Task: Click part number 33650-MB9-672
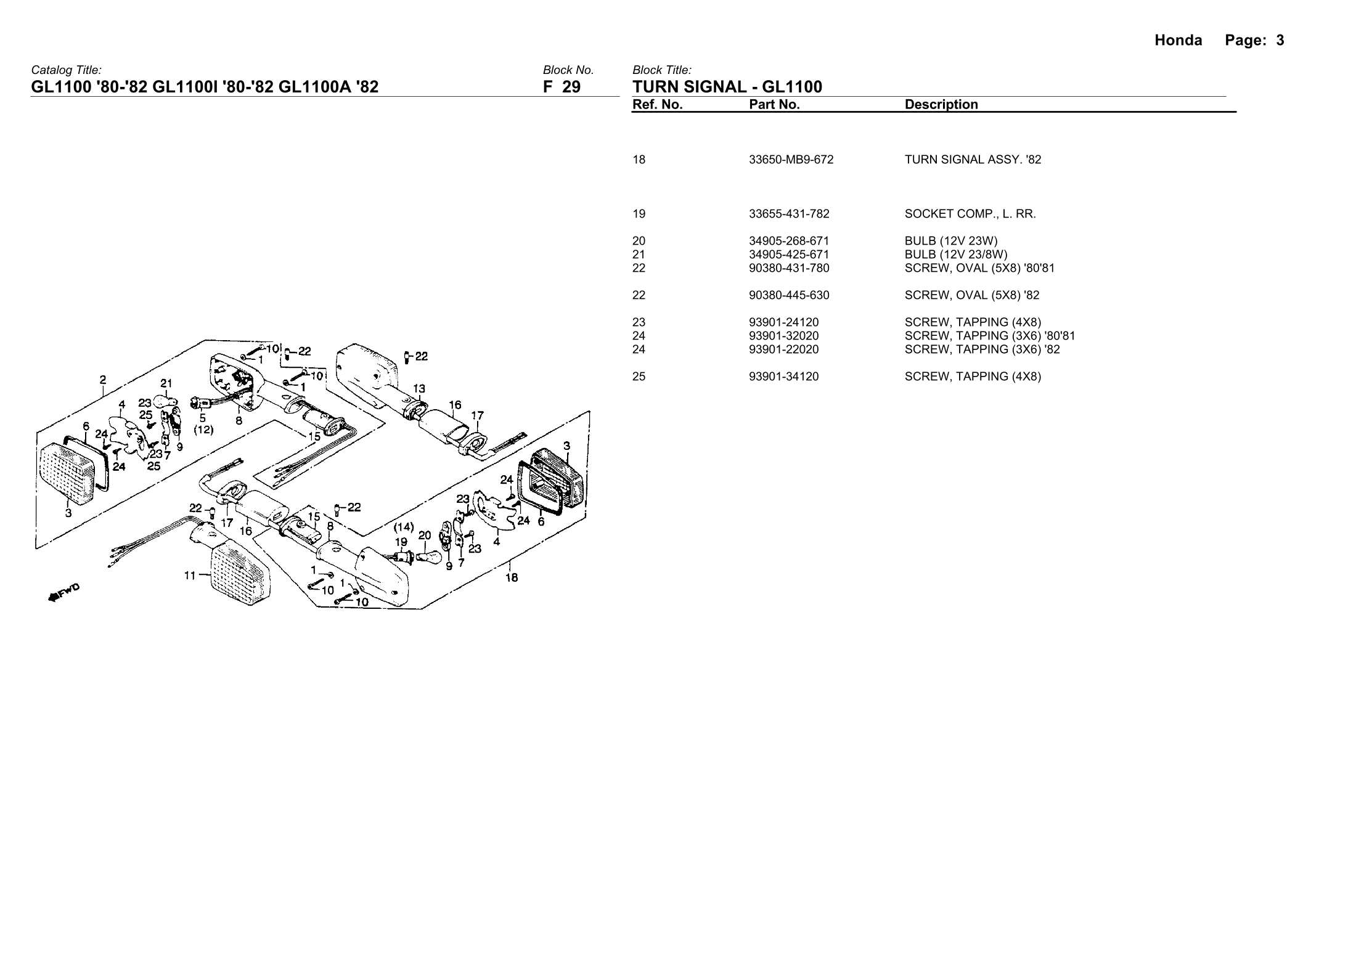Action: pos(791,160)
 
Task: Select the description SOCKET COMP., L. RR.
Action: pos(970,214)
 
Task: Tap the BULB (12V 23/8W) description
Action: pos(956,254)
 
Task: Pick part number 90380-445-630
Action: pos(789,295)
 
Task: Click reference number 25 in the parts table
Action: pos(639,377)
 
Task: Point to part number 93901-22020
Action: pos(783,349)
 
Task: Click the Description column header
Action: pos(941,105)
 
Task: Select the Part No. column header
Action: pos(774,105)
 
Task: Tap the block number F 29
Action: pos(562,87)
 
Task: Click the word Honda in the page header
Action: pos(1178,41)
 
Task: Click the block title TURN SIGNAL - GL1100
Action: pos(727,87)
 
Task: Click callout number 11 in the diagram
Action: pos(190,576)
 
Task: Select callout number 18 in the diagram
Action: pos(512,577)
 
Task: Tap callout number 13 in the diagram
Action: pos(419,389)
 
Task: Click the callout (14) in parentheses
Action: pos(404,527)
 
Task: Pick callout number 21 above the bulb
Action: pos(166,382)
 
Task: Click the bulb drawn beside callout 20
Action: pos(430,556)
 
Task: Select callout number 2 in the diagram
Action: pos(103,380)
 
